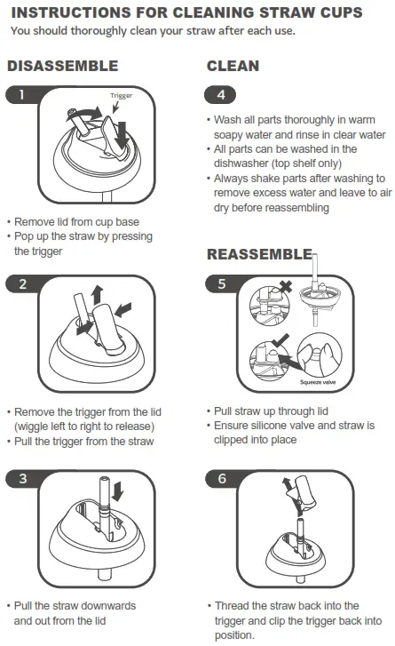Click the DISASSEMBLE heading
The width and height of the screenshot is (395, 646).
[x=62, y=67]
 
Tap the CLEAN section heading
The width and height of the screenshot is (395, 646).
[x=233, y=67]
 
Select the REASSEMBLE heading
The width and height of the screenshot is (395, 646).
[x=258, y=255]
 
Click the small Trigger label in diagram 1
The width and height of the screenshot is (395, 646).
[x=122, y=95]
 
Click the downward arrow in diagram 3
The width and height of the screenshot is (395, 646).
[x=119, y=491]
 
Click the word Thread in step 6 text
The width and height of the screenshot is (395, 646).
[x=235, y=606]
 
